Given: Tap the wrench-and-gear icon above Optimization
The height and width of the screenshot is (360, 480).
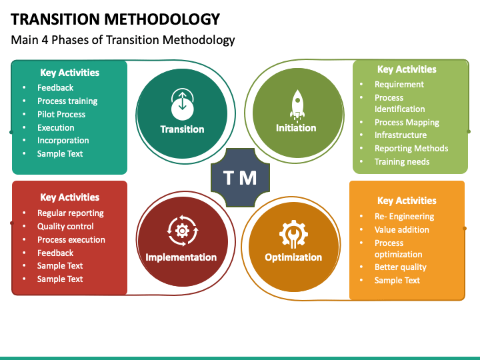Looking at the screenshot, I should coord(293,233).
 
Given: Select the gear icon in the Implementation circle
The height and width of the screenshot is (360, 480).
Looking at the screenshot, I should coord(181,231).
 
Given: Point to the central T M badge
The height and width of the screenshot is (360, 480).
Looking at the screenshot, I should coord(239,178).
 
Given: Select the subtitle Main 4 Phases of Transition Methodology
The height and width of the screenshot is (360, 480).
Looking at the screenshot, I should coord(123,40).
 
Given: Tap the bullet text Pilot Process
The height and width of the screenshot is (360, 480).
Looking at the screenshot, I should coord(61,114).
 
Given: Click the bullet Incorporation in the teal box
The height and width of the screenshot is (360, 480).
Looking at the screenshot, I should coord(63,141).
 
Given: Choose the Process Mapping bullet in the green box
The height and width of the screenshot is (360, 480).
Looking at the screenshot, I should coord(407,122).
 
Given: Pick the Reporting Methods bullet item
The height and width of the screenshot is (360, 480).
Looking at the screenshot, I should coord(411,149).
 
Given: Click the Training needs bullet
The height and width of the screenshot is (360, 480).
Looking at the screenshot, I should coord(401,161).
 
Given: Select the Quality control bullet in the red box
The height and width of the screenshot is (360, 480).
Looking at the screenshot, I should coord(65,227).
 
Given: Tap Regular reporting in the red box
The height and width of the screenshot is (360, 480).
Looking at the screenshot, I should coord(70,213).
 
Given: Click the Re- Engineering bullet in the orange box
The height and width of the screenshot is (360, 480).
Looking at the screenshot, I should coord(404,217).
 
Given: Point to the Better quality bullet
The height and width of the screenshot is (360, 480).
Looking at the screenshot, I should coord(400,267).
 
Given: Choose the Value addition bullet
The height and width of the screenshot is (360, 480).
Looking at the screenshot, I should coord(401,230).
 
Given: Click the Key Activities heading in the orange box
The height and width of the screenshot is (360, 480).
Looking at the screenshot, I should coord(407,201).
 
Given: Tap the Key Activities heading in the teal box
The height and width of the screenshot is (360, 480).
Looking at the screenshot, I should coord(69,73).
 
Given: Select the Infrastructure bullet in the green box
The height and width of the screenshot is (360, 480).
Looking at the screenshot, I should coord(400,135).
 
